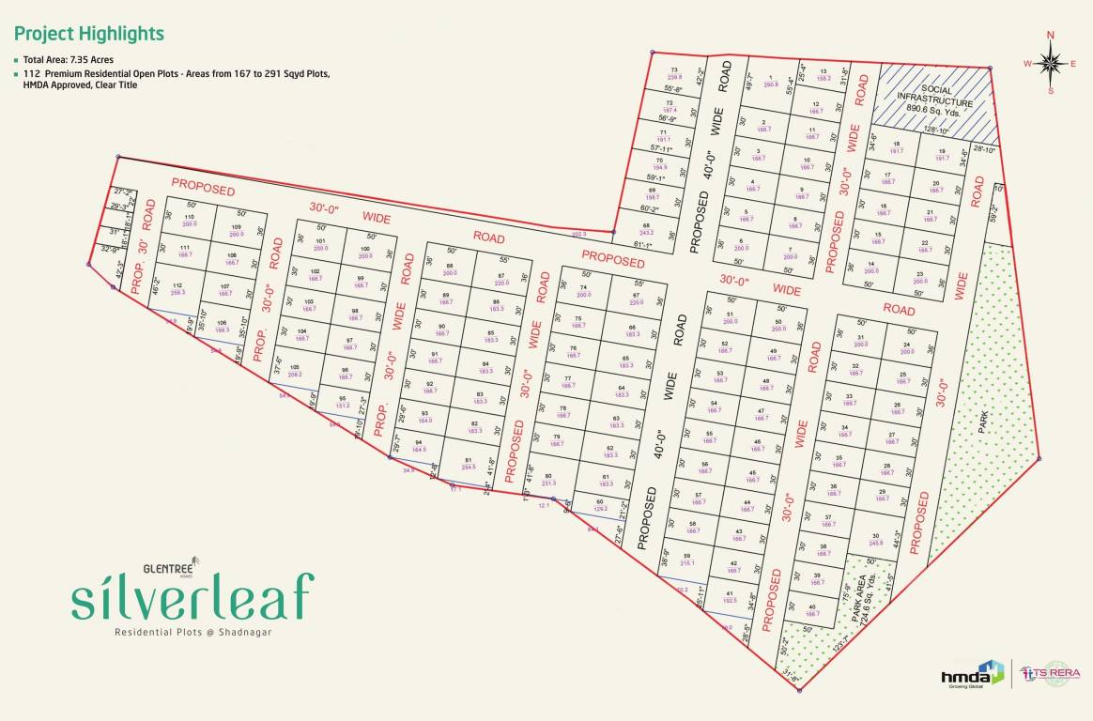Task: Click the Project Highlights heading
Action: click(88, 34)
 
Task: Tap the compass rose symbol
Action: click(1051, 63)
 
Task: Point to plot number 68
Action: click(646, 228)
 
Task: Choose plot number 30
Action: click(875, 539)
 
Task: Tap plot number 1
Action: click(771, 81)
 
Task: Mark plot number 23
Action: click(918, 276)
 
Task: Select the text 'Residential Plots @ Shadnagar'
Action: click(192, 633)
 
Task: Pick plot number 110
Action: click(190, 219)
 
